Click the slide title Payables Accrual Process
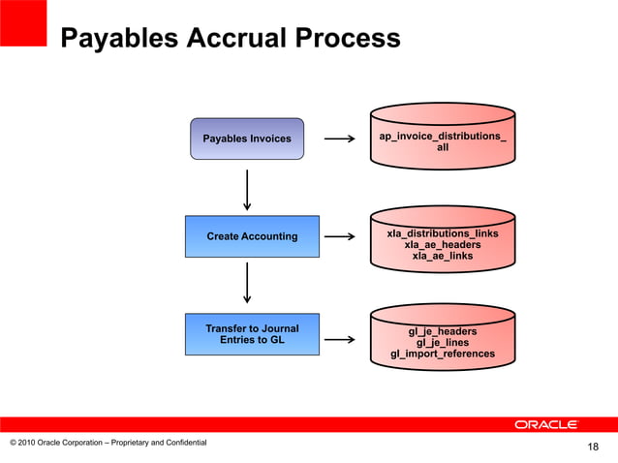(x=230, y=39)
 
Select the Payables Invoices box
(x=246, y=139)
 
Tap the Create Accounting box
(x=252, y=236)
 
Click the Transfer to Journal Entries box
(x=252, y=334)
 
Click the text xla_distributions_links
(x=443, y=234)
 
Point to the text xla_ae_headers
(x=443, y=245)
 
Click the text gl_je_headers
(x=443, y=331)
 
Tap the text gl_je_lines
(x=443, y=342)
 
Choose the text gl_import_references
(x=443, y=354)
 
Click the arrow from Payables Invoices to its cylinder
(x=338, y=139)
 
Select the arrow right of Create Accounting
(x=338, y=236)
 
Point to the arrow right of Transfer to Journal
(x=338, y=340)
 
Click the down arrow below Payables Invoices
(x=248, y=189)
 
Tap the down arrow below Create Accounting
(x=248, y=282)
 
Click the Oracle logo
(x=546, y=424)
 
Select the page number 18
(x=594, y=447)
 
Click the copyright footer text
(x=108, y=443)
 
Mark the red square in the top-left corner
(x=23, y=22)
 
